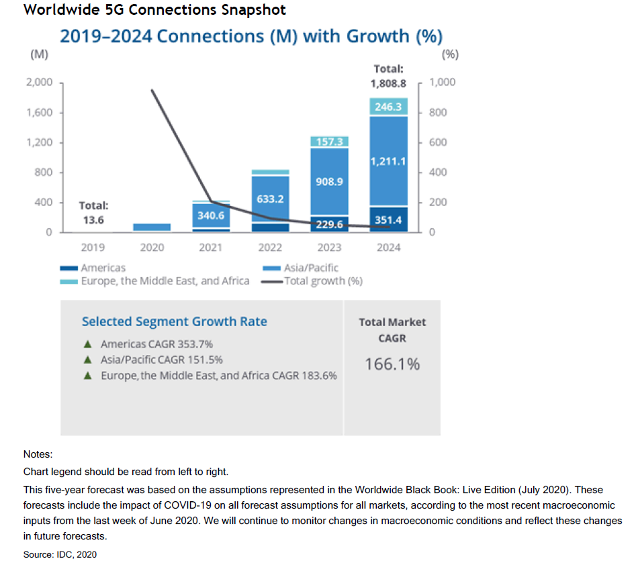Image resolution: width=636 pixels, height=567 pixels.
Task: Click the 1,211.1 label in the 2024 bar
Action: (x=388, y=161)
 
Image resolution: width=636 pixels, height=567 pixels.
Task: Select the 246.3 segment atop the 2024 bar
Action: (x=388, y=107)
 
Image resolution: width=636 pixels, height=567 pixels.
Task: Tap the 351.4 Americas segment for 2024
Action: (x=388, y=219)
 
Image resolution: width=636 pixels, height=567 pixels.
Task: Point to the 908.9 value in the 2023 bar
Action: (x=329, y=182)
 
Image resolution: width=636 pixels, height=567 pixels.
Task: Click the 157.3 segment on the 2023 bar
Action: (x=329, y=142)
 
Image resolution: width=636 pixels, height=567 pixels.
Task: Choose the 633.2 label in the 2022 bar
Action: (x=270, y=199)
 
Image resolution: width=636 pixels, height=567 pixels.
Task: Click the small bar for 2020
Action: (x=152, y=227)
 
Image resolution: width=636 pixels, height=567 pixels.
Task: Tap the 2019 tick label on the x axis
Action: (x=93, y=248)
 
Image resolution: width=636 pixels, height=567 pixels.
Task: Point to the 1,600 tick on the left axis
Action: (x=40, y=113)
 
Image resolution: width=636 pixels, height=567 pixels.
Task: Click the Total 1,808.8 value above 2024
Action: (x=388, y=84)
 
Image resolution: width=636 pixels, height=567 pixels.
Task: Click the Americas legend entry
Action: (x=103, y=268)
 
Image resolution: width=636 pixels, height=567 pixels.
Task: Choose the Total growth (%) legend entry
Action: (x=323, y=280)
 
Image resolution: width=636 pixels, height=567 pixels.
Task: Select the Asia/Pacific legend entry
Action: (x=311, y=268)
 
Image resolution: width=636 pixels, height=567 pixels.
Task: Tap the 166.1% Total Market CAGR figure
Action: (x=392, y=364)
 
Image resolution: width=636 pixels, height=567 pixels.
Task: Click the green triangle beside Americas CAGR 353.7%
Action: (x=87, y=344)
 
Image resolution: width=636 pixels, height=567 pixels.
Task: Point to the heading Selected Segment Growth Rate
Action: (x=174, y=321)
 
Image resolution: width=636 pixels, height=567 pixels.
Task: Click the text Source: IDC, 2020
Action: (x=60, y=554)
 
